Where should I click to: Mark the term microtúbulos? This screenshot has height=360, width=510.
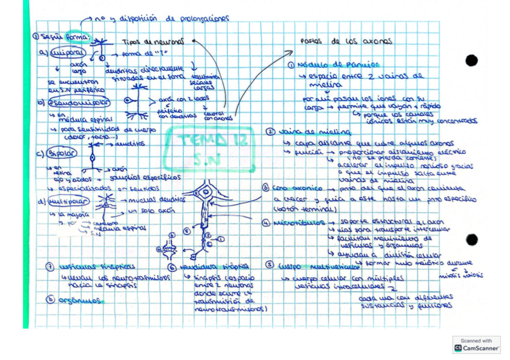point(295,224)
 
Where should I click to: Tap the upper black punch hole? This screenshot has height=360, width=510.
point(472,60)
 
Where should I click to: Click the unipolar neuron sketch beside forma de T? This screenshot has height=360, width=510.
point(103,50)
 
